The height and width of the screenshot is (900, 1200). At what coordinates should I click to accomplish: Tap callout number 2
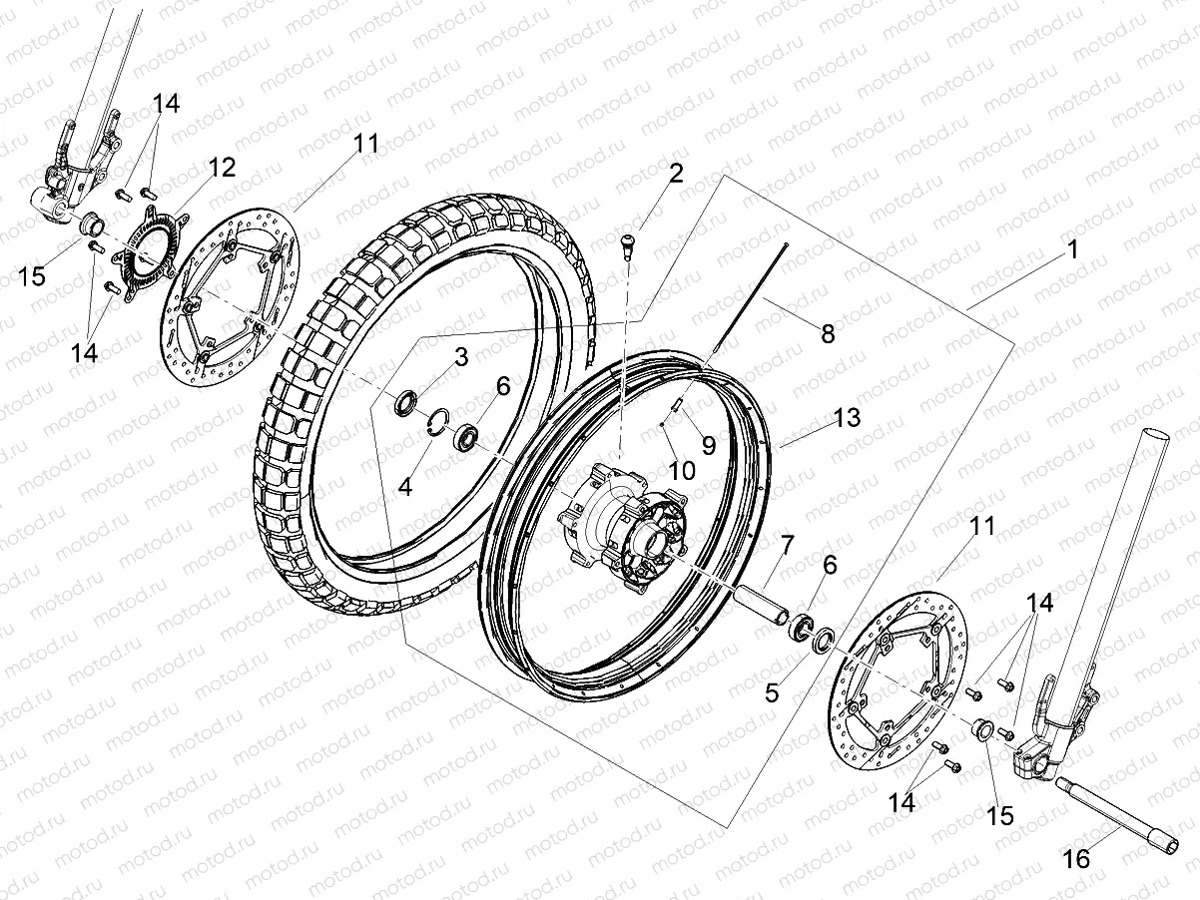point(676,174)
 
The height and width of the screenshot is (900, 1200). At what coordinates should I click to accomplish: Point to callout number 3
point(460,357)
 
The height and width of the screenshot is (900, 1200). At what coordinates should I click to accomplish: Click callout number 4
point(405,487)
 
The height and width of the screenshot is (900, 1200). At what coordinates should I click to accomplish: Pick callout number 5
point(772,690)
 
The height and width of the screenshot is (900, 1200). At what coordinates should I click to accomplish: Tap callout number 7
point(787,545)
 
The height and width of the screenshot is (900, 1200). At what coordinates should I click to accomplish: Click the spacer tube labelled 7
point(762,606)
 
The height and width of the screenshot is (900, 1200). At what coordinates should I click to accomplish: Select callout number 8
point(827,333)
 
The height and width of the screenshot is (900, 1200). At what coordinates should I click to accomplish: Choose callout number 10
point(681,469)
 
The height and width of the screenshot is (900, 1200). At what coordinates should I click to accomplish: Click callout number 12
point(221,168)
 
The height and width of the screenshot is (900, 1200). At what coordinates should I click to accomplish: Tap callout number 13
point(846,418)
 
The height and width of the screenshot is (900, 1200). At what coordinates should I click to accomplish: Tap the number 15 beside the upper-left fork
point(33,274)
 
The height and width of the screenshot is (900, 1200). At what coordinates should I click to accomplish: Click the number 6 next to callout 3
point(503,385)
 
